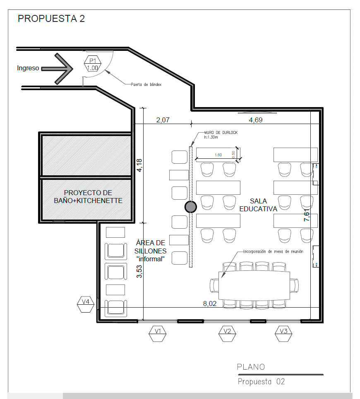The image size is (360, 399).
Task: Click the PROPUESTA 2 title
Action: coord(51,19)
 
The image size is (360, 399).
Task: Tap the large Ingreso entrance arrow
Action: coord(58,69)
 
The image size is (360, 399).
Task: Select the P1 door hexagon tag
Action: coord(93,64)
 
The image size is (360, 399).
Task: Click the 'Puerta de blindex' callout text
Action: coord(146,84)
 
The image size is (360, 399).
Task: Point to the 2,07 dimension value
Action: coord(163,120)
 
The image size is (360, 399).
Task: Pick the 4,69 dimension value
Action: coord(256,120)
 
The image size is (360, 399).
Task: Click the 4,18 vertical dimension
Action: coord(139,165)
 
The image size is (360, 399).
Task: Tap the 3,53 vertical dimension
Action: coord(139,272)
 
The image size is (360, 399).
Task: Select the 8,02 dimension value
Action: coord(210,303)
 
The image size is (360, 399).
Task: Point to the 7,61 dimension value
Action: coord(307,215)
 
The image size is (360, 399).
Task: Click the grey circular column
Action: coord(191,207)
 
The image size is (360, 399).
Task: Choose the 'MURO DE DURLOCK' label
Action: coord(221,133)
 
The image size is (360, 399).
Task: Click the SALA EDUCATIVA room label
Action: coord(258,205)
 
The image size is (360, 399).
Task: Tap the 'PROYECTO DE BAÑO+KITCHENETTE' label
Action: coord(88,197)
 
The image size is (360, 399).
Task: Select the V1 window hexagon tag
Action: coord(158,333)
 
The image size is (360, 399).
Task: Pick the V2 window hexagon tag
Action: coord(227,333)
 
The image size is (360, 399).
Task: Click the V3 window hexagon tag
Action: coord(283,333)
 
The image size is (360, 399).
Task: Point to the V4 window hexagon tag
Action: coord(86,304)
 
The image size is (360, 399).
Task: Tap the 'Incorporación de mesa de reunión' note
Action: coord(273,251)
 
